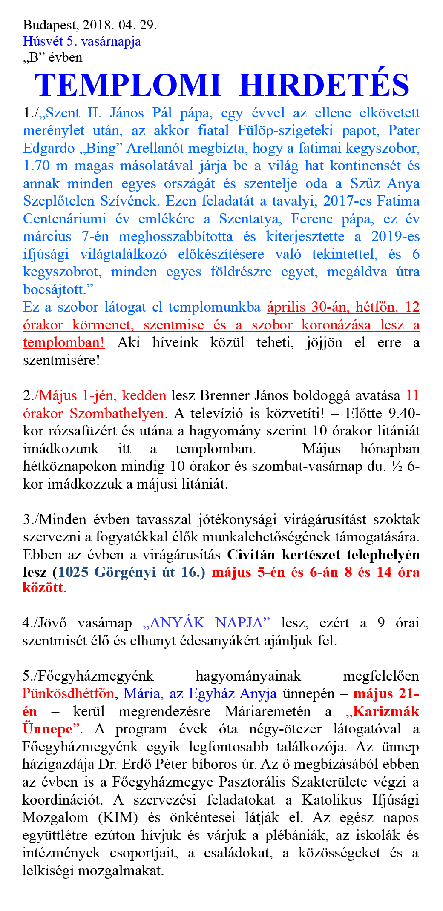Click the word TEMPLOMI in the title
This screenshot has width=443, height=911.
(128, 86)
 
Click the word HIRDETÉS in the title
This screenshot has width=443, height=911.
(325, 86)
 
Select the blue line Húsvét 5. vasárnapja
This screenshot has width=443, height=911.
(82, 41)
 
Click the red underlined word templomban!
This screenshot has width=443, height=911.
(63, 343)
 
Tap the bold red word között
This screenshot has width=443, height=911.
(43, 588)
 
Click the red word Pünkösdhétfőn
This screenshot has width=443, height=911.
(68, 694)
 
